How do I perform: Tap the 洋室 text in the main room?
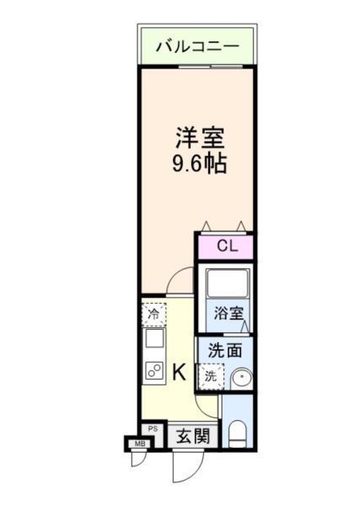pyautogui.click(x=200, y=137)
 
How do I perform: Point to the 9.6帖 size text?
pyautogui.click(x=200, y=163)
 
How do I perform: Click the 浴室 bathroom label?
pyautogui.click(x=228, y=312)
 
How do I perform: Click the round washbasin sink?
pyautogui.click(x=241, y=379)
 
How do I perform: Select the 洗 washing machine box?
pyautogui.click(x=211, y=376)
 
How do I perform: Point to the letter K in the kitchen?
pyautogui.click(x=180, y=370)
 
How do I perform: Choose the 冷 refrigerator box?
pyautogui.click(x=153, y=315)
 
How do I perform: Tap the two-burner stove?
pyautogui.click(x=154, y=369)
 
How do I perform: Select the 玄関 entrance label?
pyautogui.click(x=192, y=436)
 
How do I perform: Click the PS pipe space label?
pyautogui.click(x=153, y=429)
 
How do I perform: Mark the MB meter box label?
pyautogui.click(x=135, y=443)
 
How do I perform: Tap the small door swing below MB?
pyautogui.click(x=137, y=460)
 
